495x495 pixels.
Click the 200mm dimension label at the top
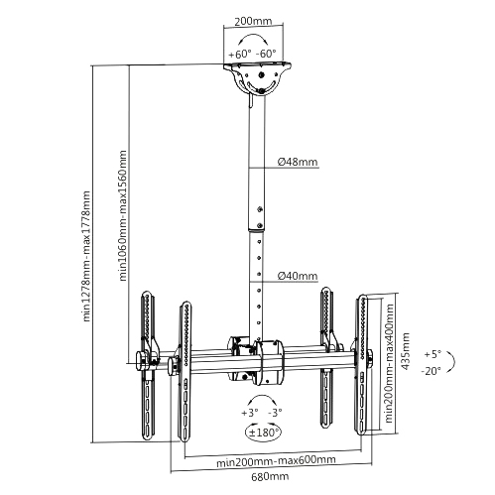(253, 21)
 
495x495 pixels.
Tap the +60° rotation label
(240, 54)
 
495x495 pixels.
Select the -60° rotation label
(266, 54)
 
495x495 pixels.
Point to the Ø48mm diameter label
(298, 162)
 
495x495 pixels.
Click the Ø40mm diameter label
(298, 276)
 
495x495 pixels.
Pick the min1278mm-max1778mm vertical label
(86, 256)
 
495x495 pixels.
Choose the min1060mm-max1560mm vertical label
(123, 215)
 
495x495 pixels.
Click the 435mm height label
(405, 351)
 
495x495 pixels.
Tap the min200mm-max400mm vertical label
(389, 363)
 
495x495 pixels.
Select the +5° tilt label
(433, 354)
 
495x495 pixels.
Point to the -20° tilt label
(432, 371)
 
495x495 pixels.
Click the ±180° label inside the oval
(263, 433)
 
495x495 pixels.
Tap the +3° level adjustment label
(250, 413)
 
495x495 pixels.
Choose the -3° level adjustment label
(275, 413)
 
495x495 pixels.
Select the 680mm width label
(270, 476)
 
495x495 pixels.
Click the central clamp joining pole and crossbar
(255, 361)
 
